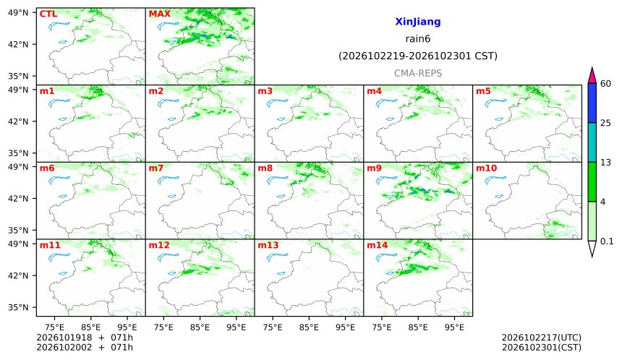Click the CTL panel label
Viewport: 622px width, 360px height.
(x=48, y=14)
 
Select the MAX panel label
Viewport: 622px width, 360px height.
(x=159, y=14)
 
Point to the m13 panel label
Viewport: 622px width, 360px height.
(x=268, y=245)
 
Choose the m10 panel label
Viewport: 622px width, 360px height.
(x=486, y=168)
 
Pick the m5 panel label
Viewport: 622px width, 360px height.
(x=483, y=91)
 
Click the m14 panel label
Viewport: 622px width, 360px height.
(x=378, y=245)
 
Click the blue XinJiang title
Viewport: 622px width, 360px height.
(x=418, y=22)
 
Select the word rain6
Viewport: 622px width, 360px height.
(x=418, y=39)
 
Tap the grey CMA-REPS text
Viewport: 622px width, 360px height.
(x=418, y=73)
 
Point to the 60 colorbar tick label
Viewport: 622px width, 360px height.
(x=605, y=84)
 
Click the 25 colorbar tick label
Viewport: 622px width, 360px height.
(x=605, y=124)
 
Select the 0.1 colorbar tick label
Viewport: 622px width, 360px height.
(x=607, y=241)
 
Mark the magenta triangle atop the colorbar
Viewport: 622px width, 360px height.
(x=592, y=76)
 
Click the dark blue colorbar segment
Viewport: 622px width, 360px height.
(x=592, y=103)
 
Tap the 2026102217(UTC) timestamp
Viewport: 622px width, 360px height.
(x=542, y=338)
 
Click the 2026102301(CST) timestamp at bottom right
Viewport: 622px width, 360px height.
(x=542, y=348)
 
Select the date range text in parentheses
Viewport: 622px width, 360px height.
(x=418, y=56)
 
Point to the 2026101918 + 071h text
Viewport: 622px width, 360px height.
(x=85, y=338)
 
